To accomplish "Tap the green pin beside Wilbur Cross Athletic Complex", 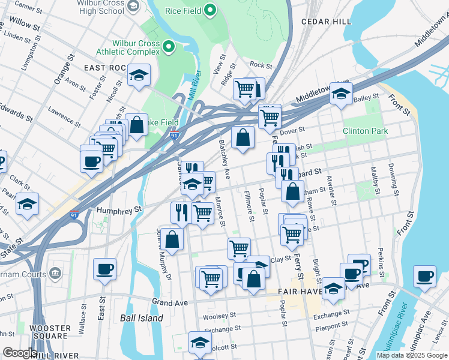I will pyautogui.click(x=169, y=46).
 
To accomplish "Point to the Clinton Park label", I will pyautogui.click(x=365, y=131).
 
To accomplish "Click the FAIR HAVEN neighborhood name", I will pyautogui.click(x=301, y=291).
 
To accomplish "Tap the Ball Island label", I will pyautogui.click(x=141, y=318).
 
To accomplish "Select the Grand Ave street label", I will pyautogui.click(x=170, y=302).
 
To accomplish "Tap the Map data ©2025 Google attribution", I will pyautogui.click(x=412, y=355).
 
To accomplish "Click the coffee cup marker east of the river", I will pyautogui.click(x=424, y=276).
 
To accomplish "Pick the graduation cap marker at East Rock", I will pyautogui.click(x=139, y=75).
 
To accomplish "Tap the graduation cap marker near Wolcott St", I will pyautogui.click(x=200, y=342).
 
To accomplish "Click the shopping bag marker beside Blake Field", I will pyautogui.click(x=137, y=125).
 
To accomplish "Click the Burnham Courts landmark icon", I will pyautogui.click(x=55, y=274).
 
